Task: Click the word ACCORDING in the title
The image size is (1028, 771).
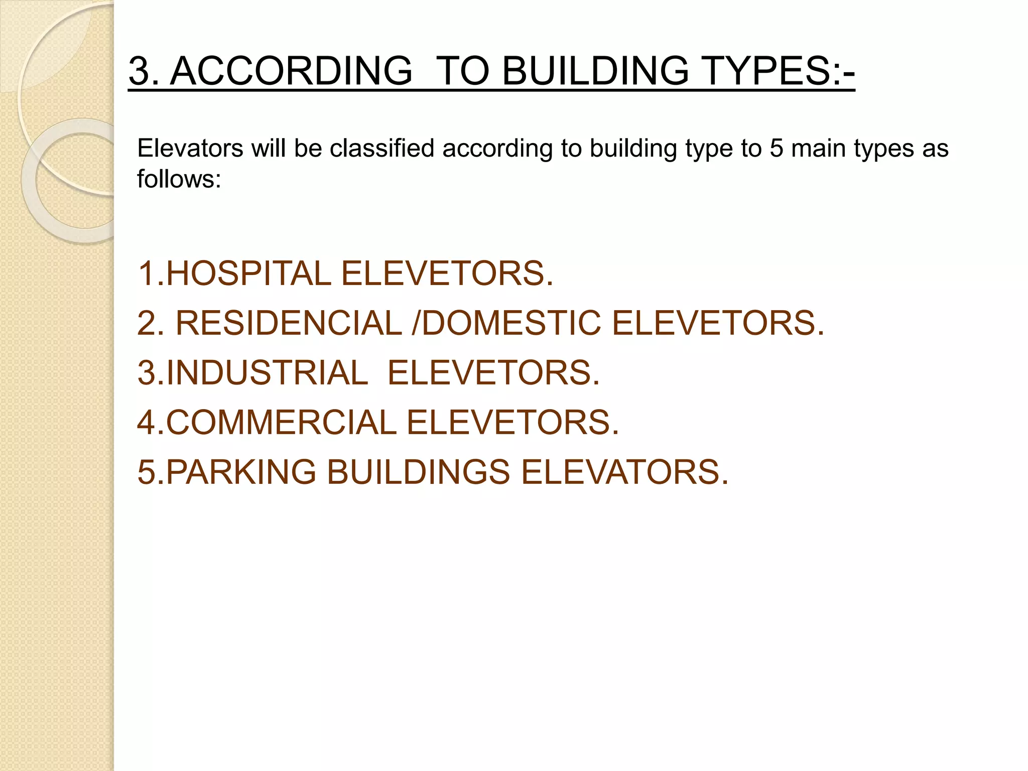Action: tap(291, 70)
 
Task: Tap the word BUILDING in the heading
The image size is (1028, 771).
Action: tap(595, 70)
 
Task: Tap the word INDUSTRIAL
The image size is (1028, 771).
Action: tap(267, 372)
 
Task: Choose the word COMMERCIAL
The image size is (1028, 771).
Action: tap(281, 422)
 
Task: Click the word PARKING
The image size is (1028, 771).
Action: tap(241, 472)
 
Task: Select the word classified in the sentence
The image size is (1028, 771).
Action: tap(381, 149)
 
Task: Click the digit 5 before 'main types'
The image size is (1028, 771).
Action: tap(777, 149)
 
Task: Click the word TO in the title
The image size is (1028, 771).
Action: tap(462, 70)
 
